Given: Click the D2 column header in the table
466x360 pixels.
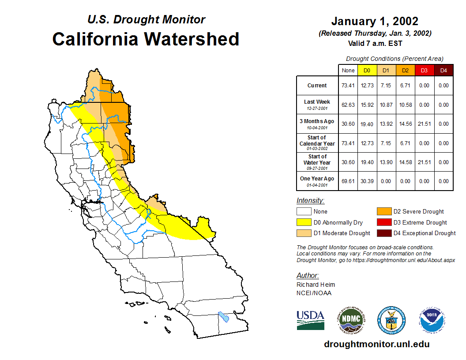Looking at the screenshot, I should (406, 70).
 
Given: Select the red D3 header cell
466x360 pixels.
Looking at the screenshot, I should (425, 70).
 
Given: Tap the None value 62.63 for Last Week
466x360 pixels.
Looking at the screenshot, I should (348, 105).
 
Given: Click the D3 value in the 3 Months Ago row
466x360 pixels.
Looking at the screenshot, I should (425, 124).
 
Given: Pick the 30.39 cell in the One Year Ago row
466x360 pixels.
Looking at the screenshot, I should (367, 181).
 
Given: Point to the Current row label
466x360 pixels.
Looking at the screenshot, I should (317, 86).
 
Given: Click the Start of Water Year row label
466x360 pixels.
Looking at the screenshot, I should (317, 162).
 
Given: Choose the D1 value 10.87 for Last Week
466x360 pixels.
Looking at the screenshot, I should (386, 105).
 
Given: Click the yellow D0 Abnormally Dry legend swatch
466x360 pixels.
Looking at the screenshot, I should (303, 222).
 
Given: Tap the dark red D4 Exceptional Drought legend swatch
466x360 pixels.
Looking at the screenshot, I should (383, 233).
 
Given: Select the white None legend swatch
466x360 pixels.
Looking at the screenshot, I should (303, 212).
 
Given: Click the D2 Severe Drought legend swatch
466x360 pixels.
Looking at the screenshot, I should (383, 212).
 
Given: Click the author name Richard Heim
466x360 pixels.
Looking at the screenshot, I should (316, 285).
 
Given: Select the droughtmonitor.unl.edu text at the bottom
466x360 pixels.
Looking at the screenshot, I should (376, 344).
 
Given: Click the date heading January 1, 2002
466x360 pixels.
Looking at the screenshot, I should (375, 21).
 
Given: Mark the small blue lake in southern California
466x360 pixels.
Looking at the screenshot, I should (224, 317).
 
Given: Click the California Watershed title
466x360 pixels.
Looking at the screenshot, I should (146, 39).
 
